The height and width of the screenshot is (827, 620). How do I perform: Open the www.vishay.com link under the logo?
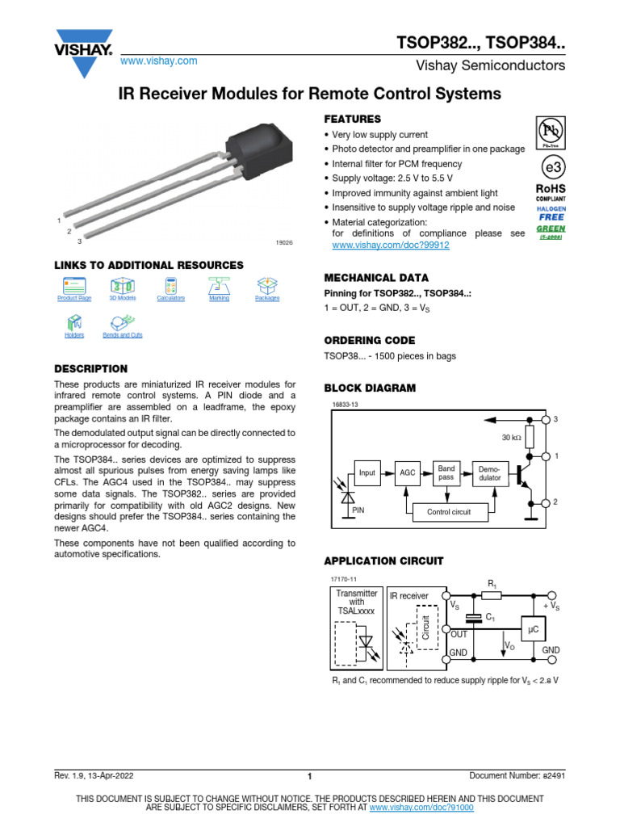tap(159, 61)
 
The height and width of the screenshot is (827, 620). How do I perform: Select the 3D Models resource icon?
tap(123, 286)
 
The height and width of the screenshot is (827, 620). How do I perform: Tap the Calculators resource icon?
tap(170, 286)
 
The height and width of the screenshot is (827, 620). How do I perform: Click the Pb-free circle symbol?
tap(551, 132)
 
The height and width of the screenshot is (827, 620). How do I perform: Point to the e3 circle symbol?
tap(551, 168)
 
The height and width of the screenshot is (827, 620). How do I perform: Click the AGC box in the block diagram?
tap(408, 472)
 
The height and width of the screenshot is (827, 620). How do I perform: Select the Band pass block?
tap(446, 472)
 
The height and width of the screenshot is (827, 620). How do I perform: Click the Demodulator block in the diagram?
tap(489, 472)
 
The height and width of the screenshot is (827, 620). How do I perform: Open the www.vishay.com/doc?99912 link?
tap(391, 245)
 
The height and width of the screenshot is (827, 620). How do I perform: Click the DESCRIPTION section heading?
tap(90, 369)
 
